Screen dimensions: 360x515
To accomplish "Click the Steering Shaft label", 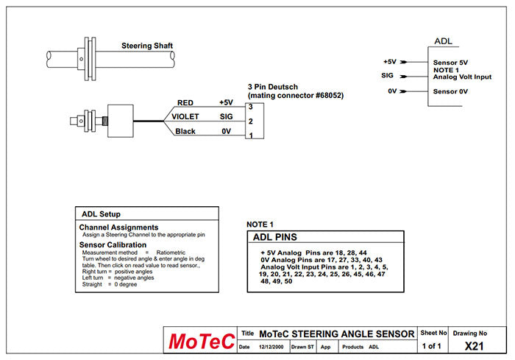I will coord(147,46).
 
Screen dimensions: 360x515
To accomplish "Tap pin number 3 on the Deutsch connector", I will coord(251,107).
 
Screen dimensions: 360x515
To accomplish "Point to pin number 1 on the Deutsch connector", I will coord(251,135).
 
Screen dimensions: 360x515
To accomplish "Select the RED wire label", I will coord(185,103).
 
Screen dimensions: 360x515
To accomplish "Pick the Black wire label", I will coord(185,132).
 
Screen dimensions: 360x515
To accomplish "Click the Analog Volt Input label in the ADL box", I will coord(462,76).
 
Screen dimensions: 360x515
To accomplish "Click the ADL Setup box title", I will coord(102,214).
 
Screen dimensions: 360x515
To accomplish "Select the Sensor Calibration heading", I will coord(113,244).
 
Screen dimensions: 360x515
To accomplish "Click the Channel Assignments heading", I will coord(118,227).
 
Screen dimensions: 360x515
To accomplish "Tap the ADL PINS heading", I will coord(274,238).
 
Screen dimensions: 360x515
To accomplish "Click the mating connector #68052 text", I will coord(296,96).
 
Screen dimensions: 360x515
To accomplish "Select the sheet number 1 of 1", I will coord(432,346).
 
